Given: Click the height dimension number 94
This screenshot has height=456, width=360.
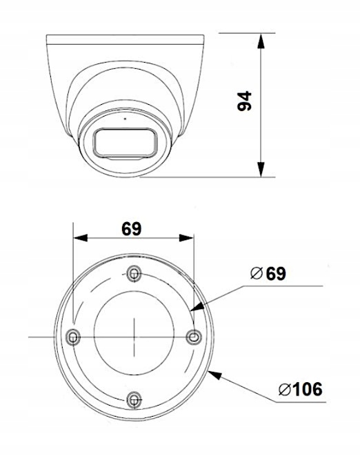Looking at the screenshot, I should [x=244, y=101].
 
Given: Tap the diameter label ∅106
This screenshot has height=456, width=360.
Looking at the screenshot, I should [x=300, y=389].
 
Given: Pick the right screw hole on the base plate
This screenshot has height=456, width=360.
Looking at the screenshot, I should [x=194, y=336].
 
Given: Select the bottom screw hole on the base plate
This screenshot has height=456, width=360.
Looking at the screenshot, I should [x=134, y=398].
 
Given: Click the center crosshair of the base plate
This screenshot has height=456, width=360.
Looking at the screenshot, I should [x=134, y=336].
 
